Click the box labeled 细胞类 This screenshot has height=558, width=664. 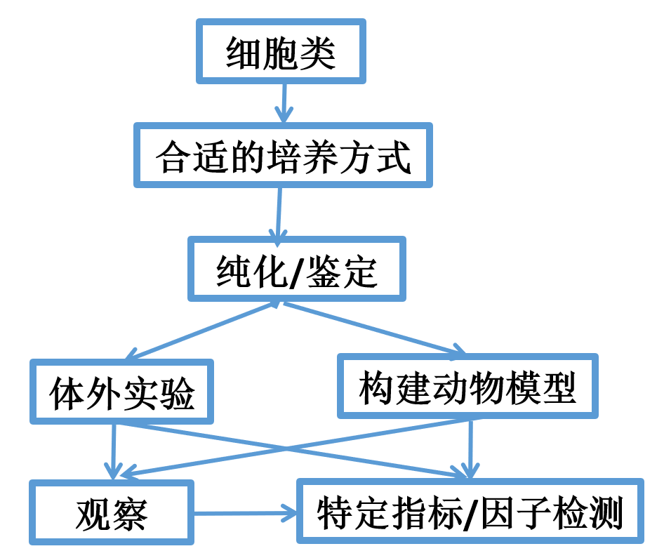281,52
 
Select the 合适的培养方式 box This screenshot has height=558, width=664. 283,156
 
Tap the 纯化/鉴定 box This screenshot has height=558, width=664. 296,269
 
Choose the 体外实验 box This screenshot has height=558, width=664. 121,392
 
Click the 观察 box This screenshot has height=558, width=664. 112,512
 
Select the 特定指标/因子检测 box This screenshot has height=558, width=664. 470,512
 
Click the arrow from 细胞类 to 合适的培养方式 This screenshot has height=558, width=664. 283,102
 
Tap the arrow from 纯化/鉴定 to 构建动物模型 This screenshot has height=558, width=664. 372,328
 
